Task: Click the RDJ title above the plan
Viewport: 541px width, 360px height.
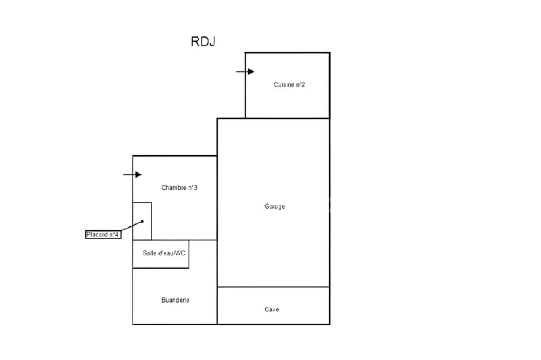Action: coord(203,41)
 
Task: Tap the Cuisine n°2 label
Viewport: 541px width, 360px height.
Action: coord(289,85)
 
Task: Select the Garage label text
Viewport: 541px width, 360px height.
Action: coord(274,206)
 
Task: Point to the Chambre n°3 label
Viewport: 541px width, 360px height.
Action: coord(179,188)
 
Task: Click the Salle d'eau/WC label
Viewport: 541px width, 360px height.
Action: coord(164,253)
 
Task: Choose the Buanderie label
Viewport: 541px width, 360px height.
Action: coord(175,300)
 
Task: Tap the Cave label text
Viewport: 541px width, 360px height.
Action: coord(272,310)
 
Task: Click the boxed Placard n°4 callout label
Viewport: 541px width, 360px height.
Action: coord(103,235)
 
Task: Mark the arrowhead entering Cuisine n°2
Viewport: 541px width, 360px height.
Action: coord(251,72)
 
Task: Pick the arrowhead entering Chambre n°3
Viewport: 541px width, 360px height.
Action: coord(138,174)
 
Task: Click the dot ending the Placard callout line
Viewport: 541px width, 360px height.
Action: coord(142,222)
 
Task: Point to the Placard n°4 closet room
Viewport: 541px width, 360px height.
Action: coord(142,221)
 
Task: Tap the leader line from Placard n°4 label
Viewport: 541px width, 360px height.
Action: coord(132,226)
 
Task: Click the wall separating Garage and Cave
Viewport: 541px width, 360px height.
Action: coord(273,287)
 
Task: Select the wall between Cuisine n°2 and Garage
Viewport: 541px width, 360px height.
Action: coord(287,118)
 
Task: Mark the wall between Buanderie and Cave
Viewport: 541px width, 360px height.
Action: coord(217,306)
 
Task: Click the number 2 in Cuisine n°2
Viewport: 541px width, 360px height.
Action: coord(303,85)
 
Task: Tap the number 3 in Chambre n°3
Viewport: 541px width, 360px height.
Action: coord(195,188)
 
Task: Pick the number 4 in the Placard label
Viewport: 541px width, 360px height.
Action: coord(116,235)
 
